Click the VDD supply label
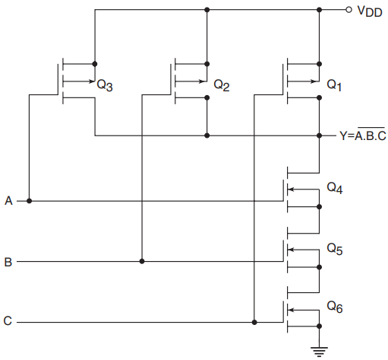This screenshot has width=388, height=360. (369, 11)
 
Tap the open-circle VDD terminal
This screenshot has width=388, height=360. (349, 10)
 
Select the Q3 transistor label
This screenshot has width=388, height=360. (105, 84)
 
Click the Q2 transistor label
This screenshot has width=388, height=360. (222, 84)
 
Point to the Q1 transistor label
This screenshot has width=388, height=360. (334, 84)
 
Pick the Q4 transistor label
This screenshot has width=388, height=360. (335, 188)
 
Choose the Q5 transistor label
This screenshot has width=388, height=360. (335, 249)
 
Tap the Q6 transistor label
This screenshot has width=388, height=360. (335, 307)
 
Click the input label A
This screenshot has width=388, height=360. (8, 201)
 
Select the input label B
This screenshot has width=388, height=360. (8, 262)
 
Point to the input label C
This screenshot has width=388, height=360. (8, 320)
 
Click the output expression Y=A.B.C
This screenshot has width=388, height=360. (362, 135)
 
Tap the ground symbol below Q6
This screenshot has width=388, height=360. (319, 352)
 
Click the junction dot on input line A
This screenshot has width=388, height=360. (29, 201)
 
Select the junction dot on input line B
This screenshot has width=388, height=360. (142, 261)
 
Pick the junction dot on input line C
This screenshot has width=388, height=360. (254, 322)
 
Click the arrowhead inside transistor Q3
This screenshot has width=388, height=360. (92, 81)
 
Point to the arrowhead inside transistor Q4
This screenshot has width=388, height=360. (291, 189)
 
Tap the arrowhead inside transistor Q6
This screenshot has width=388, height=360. (291, 310)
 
